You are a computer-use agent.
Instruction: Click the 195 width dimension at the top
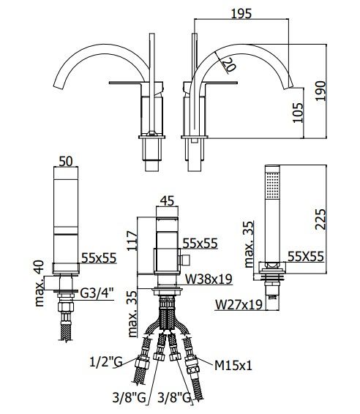pyautogui.click(x=241, y=14)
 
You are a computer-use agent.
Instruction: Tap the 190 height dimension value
pyautogui.click(x=320, y=91)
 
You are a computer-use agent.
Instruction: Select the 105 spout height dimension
pyautogui.click(x=298, y=113)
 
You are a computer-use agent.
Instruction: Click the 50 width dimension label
pyautogui.click(x=66, y=161)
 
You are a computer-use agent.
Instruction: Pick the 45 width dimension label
pyautogui.click(x=167, y=201)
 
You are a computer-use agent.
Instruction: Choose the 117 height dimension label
pyautogui.click(x=132, y=241)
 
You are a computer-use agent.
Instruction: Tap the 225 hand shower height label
pyautogui.click(x=320, y=219)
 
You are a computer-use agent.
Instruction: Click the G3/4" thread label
pyautogui.click(x=97, y=293)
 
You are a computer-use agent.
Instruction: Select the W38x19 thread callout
pyautogui.click(x=209, y=279)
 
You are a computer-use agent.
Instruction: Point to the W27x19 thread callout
pyautogui.click(x=239, y=304)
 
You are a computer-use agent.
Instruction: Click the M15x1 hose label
pyautogui.click(x=233, y=366)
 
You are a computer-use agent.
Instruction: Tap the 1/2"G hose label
pyautogui.click(x=106, y=362)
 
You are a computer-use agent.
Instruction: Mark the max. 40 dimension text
pyautogui.click(x=40, y=283)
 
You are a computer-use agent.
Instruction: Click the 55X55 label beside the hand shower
pyautogui.click(x=306, y=257)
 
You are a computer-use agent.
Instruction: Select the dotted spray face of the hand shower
pyautogui.click(x=272, y=185)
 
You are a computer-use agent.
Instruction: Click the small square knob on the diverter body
pyautogui.click(x=185, y=260)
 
